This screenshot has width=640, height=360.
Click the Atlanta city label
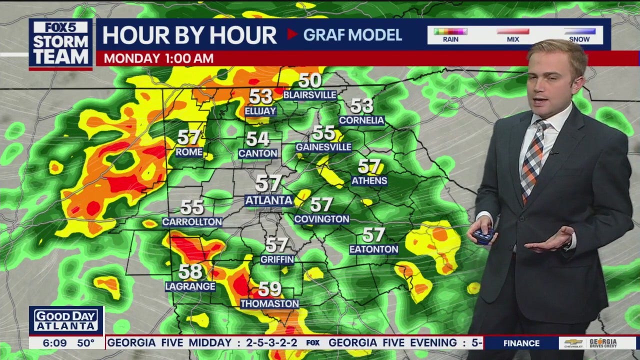(x=268, y=200)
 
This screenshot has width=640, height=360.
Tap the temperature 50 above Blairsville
(x=310, y=80)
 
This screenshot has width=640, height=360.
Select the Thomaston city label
(x=269, y=303)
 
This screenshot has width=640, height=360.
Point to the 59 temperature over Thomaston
(x=269, y=289)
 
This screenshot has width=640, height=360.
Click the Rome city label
(x=189, y=151)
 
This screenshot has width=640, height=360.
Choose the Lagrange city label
(x=190, y=286)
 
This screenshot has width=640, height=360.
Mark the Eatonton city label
(x=373, y=249)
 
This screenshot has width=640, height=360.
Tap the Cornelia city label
(x=361, y=120)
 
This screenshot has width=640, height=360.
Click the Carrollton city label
(x=192, y=221)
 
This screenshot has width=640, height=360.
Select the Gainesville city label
(x=323, y=147)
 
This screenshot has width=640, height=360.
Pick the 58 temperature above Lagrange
(x=190, y=271)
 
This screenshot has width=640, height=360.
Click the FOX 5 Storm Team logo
(x=60, y=44)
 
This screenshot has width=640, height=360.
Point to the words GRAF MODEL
(x=352, y=34)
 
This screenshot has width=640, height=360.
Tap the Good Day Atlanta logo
(x=66, y=320)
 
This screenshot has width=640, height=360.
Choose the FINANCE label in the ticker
(x=521, y=343)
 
